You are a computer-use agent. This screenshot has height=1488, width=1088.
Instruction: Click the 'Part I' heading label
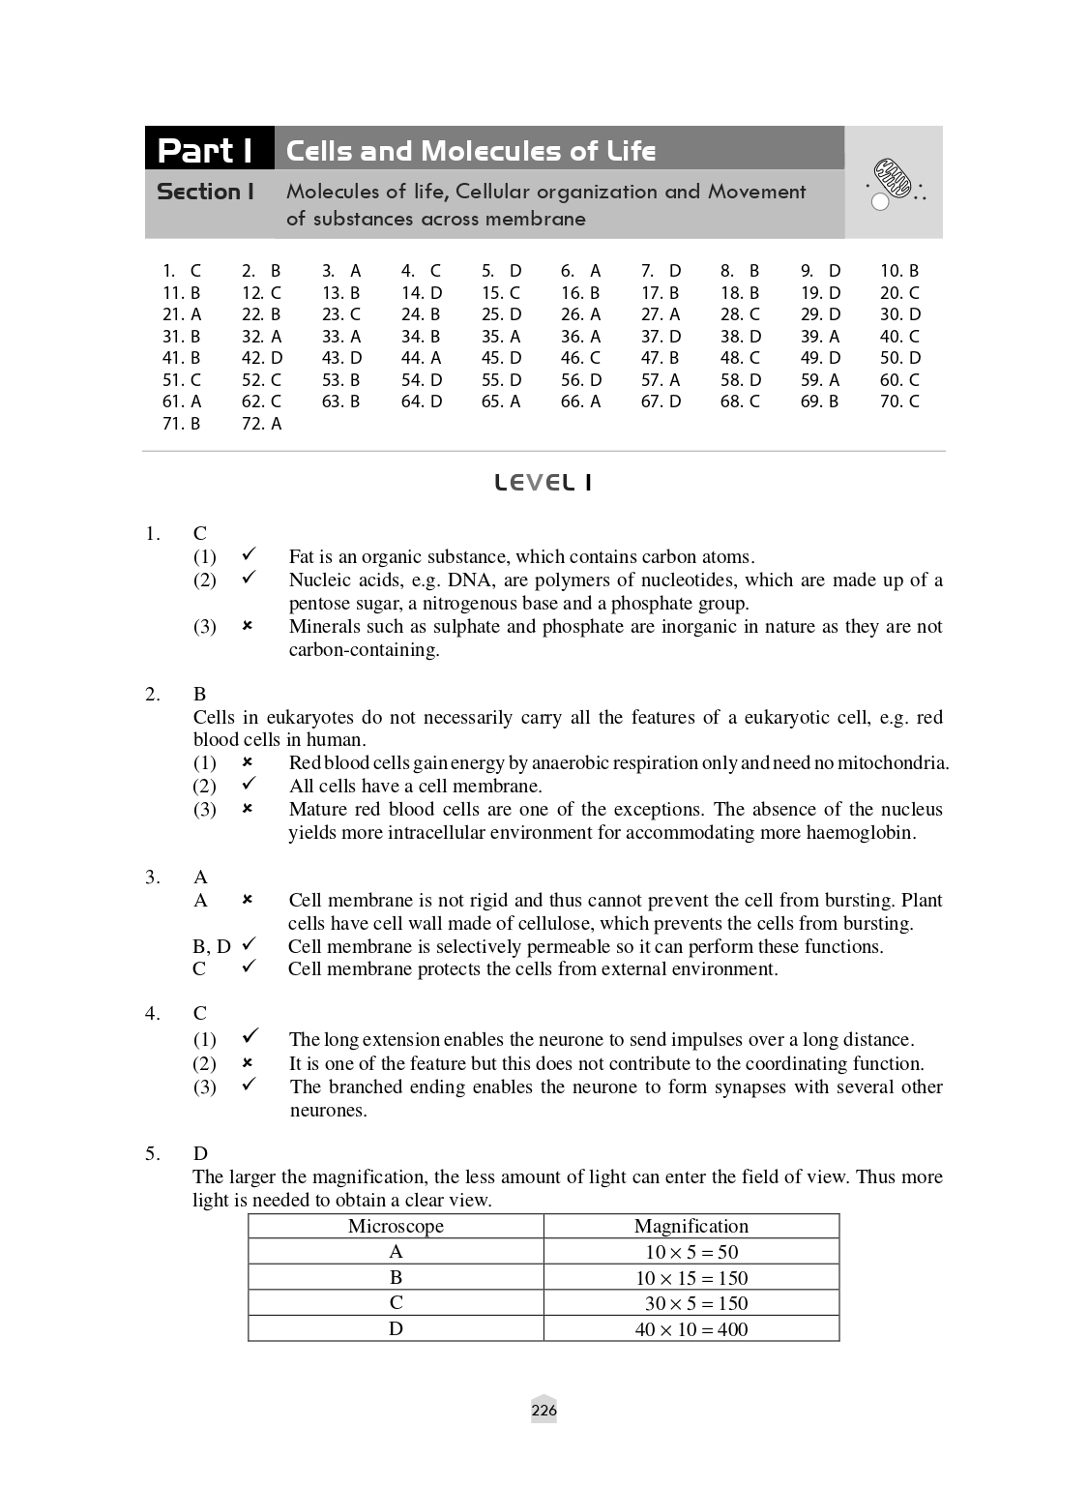click(206, 150)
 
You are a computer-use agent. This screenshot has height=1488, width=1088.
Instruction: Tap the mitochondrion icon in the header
click(893, 180)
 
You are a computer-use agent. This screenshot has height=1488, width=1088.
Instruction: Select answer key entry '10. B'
click(898, 271)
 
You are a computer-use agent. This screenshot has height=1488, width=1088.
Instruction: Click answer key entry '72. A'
click(261, 424)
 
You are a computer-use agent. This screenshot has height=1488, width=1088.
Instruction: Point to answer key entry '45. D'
click(501, 358)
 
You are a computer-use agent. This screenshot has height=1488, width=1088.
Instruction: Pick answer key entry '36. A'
click(580, 337)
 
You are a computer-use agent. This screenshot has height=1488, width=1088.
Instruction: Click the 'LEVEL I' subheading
click(543, 483)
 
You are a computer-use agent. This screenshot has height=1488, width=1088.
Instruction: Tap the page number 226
click(544, 1411)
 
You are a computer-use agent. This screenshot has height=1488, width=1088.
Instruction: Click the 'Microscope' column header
click(396, 1227)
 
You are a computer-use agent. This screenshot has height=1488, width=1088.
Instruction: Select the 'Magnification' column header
click(691, 1227)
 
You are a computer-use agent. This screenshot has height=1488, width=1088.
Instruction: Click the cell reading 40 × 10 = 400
click(691, 1329)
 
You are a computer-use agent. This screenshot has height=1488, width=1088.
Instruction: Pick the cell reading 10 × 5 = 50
click(691, 1252)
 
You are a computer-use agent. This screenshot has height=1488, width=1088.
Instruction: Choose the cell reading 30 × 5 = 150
click(691, 1303)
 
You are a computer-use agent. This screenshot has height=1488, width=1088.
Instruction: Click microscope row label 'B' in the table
click(396, 1278)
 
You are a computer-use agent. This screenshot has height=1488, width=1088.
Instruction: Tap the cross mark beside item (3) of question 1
click(248, 626)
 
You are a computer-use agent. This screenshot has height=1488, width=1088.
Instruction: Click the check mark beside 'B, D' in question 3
click(249, 944)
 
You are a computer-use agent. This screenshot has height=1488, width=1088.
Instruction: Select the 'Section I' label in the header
click(205, 192)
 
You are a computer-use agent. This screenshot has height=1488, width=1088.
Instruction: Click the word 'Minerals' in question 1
click(325, 627)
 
